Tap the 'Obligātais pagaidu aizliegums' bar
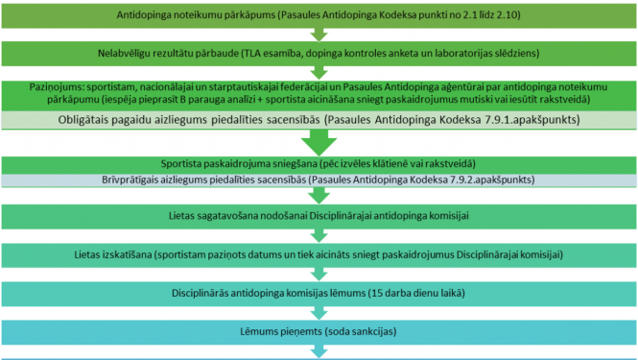tap(319, 120)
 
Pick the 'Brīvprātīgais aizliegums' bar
tap(319, 180)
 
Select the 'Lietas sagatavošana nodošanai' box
tap(319, 217)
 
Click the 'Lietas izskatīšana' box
tap(319, 254)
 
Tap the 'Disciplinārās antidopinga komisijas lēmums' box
tap(319, 292)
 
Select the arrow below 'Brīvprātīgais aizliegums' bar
tap(319, 195)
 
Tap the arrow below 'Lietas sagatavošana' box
tap(319, 235)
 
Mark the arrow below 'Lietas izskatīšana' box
tap(319, 273)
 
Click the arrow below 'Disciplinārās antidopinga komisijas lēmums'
tap(319, 310)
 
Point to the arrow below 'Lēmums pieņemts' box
tap(319, 349)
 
